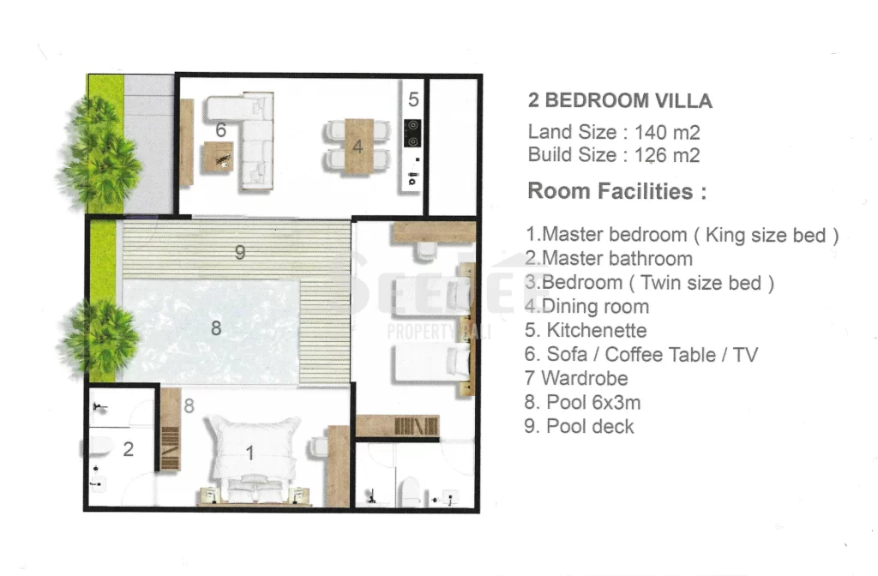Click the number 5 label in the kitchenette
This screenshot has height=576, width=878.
413,99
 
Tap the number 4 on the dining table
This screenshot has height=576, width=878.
358,147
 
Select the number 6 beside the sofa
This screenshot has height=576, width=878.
221,130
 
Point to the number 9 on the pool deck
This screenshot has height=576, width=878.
240,253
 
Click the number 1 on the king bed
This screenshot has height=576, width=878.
250,453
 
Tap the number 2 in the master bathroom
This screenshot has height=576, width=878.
129,449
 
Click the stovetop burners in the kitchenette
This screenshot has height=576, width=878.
412,134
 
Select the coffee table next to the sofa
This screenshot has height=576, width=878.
218,157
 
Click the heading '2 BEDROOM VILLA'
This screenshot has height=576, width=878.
620,101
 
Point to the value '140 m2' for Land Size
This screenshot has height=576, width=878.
667,133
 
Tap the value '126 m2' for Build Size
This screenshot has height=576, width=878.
667,155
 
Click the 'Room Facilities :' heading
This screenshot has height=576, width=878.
617,191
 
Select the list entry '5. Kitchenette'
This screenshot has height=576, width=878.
586,330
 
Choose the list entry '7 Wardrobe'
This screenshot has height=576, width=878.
576,378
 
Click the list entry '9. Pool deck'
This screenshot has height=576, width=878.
579,427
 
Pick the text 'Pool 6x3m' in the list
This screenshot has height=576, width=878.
593,403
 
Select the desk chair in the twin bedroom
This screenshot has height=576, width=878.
425,249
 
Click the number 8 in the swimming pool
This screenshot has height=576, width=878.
216,328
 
